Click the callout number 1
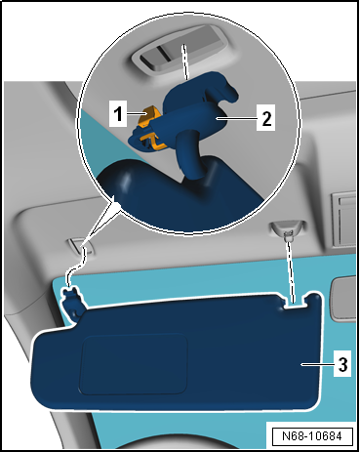click(x=118, y=113)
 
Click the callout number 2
click(x=266, y=117)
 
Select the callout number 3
click(x=342, y=364)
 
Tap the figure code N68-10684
click(x=312, y=436)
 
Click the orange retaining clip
click(x=150, y=128)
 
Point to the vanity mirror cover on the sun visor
click(x=134, y=364)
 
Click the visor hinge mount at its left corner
click(x=72, y=302)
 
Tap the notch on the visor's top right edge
click(x=294, y=304)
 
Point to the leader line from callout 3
click(x=317, y=364)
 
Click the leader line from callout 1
click(x=136, y=113)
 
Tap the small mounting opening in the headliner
click(x=80, y=247)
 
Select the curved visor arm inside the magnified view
click(x=189, y=153)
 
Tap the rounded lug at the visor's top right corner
click(x=315, y=300)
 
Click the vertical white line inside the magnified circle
click(x=185, y=62)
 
